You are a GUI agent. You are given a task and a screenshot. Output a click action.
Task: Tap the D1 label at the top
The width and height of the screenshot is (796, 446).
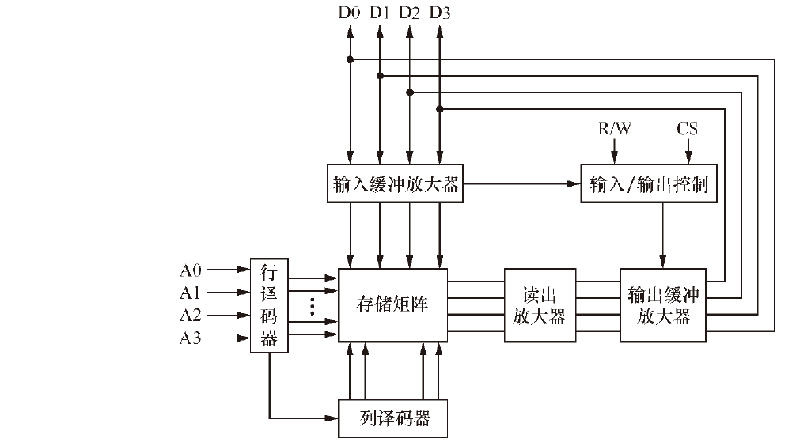(379, 13)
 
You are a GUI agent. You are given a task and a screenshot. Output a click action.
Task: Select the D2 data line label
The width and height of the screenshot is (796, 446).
(409, 13)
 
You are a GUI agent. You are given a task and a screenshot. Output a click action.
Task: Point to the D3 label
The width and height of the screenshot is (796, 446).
(440, 13)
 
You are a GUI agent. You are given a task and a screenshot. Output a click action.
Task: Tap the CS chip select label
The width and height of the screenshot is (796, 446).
(687, 128)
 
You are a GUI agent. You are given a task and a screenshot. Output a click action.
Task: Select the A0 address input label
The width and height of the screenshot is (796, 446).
(191, 270)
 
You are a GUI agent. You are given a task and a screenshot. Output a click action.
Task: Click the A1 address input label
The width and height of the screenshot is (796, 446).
(191, 293)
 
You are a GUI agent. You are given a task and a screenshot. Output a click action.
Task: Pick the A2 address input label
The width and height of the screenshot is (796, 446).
(191, 316)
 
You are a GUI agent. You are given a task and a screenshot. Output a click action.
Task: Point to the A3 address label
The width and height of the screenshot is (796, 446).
(191, 338)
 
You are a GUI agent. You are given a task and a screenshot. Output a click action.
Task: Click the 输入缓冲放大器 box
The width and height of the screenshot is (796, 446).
(395, 185)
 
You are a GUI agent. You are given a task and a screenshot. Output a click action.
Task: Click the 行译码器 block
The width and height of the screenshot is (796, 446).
(269, 305)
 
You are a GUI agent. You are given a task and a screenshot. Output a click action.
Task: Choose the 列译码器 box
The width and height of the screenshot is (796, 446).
(392, 418)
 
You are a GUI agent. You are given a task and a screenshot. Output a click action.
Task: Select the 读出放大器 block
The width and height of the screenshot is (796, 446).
(540, 305)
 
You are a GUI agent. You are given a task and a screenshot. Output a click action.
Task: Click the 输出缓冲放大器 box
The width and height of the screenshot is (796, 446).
(663, 305)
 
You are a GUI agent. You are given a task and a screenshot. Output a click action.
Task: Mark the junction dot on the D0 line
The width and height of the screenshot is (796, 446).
(349, 59)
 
